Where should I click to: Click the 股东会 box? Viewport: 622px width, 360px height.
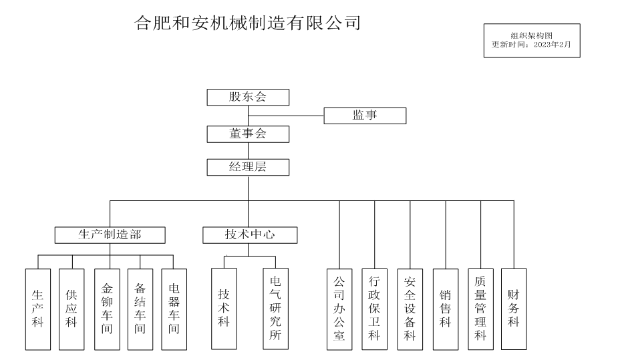248,98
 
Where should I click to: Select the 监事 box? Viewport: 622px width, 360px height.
365,116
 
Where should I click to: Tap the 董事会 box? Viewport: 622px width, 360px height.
248,134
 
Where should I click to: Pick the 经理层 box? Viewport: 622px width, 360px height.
248,167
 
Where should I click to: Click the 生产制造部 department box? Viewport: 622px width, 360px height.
110,234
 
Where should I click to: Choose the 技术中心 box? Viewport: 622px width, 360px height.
250,234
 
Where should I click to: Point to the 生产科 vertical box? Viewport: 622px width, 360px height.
38,309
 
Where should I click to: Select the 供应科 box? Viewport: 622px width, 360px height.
71,309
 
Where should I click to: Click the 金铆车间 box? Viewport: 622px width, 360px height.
107,309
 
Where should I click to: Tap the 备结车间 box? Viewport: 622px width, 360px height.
140,309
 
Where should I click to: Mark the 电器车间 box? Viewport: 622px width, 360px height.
174,309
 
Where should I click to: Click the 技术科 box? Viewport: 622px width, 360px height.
224,309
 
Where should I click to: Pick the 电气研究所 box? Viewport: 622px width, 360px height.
275,309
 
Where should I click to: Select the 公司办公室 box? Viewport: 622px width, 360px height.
339,309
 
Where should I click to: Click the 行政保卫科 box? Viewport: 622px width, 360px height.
374,309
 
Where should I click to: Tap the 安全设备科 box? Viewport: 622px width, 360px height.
410,309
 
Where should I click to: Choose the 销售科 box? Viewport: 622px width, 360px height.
446,309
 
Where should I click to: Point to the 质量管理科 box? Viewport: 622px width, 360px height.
480,309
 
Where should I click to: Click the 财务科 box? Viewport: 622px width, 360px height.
514,309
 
